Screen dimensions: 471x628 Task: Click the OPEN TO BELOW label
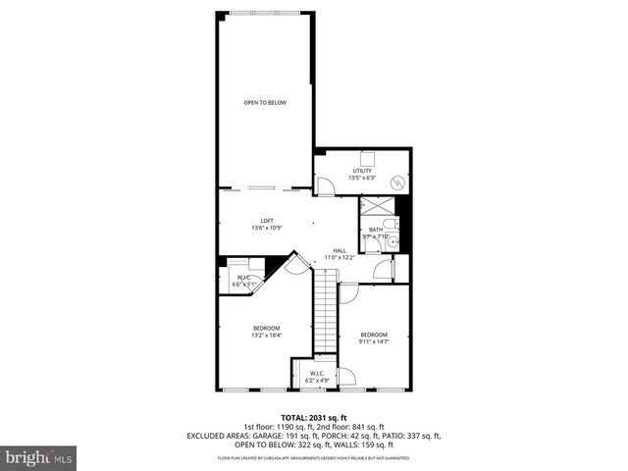click(x=265, y=102)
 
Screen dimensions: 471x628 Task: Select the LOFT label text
click(x=266, y=220)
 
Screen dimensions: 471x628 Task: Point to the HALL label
click(x=340, y=250)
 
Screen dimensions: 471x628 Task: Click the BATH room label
click(x=376, y=230)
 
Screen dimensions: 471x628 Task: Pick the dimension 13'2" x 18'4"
click(x=266, y=336)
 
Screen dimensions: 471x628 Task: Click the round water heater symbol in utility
click(x=398, y=181)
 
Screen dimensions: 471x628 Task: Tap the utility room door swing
click(x=324, y=184)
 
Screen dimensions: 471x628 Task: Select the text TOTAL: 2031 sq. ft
click(x=314, y=416)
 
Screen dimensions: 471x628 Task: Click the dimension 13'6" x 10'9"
click(x=266, y=228)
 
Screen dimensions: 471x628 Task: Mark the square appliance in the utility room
click(x=369, y=157)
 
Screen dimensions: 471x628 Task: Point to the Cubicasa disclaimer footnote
click(x=314, y=458)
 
